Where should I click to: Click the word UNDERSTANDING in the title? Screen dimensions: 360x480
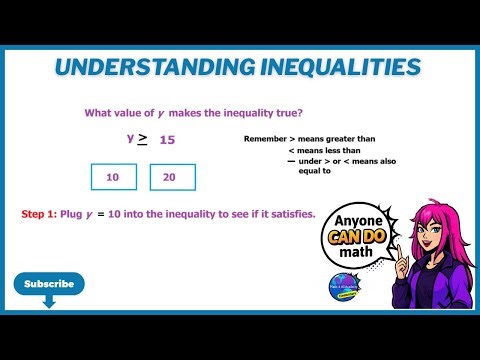pos(141,67)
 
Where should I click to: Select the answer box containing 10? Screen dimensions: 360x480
pos(113,177)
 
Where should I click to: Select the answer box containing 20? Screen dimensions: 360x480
pos(173,177)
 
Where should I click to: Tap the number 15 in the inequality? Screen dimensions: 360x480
pos(167,140)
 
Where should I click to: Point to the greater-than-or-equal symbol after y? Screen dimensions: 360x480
pos(142,139)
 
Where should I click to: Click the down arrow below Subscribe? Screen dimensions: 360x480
pos(49,300)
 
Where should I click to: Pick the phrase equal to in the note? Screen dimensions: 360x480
pos(314,171)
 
